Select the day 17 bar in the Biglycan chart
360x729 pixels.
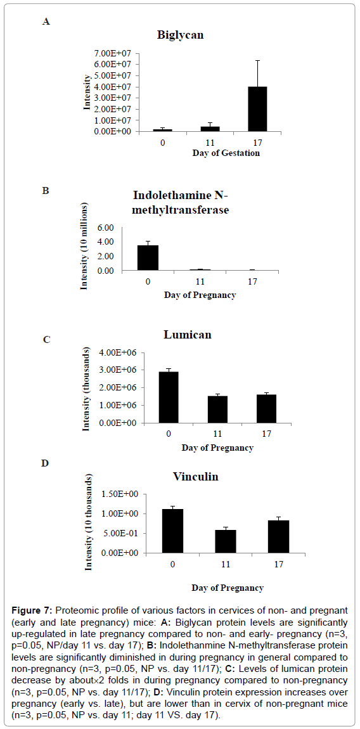(x=257, y=109)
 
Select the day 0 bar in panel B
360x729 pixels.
(x=148, y=257)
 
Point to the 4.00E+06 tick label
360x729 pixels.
(x=123, y=352)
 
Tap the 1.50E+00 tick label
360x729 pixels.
(x=123, y=494)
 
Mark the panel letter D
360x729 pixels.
(x=46, y=463)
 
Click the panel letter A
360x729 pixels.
(x=46, y=21)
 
